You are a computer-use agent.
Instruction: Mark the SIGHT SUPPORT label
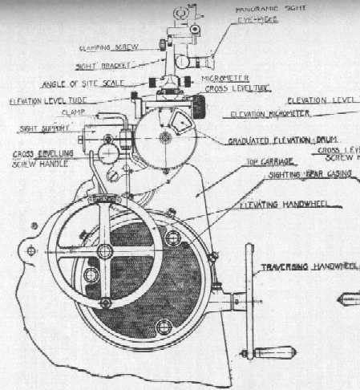coord(40,128)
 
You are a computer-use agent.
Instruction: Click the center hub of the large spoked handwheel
coord(104,252)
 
